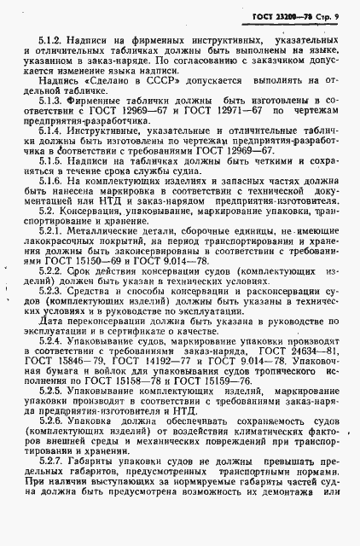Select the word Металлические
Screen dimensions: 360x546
[x=99, y=231]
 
